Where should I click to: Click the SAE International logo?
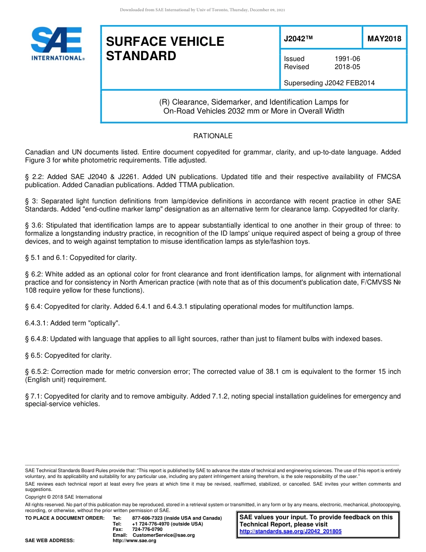[57, 44]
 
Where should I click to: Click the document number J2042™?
[298, 39]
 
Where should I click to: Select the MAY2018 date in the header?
[384, 39]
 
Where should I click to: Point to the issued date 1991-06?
[347, 59]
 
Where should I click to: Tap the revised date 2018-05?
[347, 67]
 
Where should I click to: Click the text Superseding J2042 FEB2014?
[329, 83]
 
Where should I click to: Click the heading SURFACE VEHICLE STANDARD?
[165, 48]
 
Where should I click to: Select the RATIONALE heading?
[213, 136]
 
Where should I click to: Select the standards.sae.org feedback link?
[290, 531]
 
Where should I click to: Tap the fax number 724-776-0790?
[147, 529]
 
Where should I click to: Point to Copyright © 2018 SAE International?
[64, 497]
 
